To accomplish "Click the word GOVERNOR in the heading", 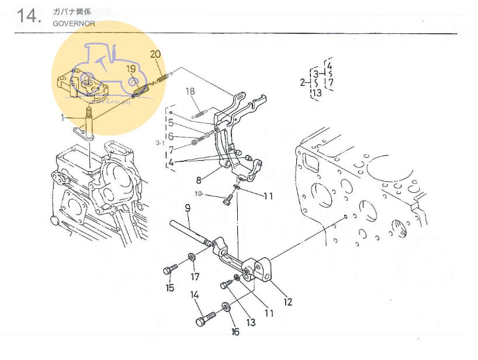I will pyautogui.click(x=74, y=24).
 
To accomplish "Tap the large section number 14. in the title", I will pyautogui.click(x=29, y=16).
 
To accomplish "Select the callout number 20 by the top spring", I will pyautogui.click(x=155, y=55).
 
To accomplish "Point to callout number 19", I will pyautogui.click(x=131, y=69).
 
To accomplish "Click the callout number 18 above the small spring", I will pyautogui.click(x=190, y=91).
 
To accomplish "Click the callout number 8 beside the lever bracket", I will pyautogui.click(x=199, y=181).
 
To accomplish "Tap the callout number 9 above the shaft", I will pyautogui.click(x=188, y=207).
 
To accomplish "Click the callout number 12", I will pyautogui.click(x=288, y=302).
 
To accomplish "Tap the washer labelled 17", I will pyautogui.click(x=192, y=258).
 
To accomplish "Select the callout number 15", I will pyautogui.click(x=169, y=288).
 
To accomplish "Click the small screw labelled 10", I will pyautogui.click(x=228, y=202).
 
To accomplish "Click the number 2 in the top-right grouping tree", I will pyautogui.click(x=303, y=82).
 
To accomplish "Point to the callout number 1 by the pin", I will pyautogui.click(x=63, y=117).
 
